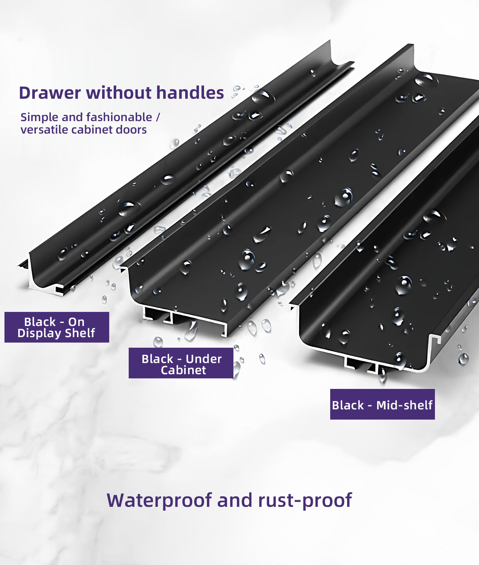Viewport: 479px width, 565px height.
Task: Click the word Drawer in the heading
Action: [50, 93]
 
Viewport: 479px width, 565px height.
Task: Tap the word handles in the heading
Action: [190, 93]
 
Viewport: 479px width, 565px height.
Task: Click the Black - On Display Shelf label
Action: [57, 327]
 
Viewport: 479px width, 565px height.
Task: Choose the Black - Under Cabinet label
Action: [181, 363]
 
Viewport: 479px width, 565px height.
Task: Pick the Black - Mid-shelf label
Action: [383, 404]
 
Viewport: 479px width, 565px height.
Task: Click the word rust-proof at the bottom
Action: [305, 500]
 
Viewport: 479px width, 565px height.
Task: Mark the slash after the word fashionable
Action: [158, 117]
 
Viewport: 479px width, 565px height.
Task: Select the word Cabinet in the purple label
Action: [183, 370]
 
